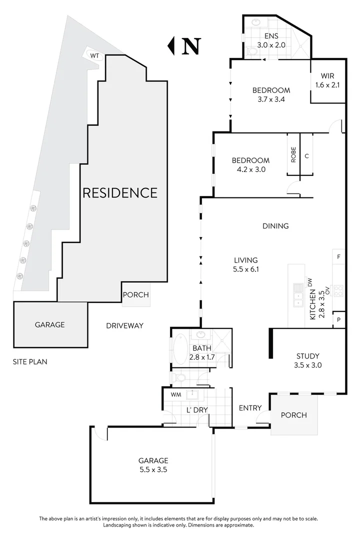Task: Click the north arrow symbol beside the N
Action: (x=171, y=45)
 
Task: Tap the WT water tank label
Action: (x=94, y=56)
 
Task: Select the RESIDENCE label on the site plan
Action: (x=119, y=192)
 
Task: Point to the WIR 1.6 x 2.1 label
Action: (x=327, y=80)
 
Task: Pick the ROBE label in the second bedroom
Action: (x=293, y=154)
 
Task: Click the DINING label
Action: (x=275, y=226)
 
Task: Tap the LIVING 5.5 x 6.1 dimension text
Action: (x=245, y=264)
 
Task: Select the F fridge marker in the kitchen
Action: (x=338, y=257)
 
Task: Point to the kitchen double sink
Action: (x=298, y=294)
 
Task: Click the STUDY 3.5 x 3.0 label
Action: (x=307, y=360)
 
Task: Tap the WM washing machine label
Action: (x=175, y=394)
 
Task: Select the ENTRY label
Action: (x=250, y=408)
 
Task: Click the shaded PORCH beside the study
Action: (x=293, y=414)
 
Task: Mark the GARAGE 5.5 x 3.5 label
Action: (x=153, y=465)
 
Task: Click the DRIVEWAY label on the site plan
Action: (x=124, y=325)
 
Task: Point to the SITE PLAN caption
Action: (x=30, y=361)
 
